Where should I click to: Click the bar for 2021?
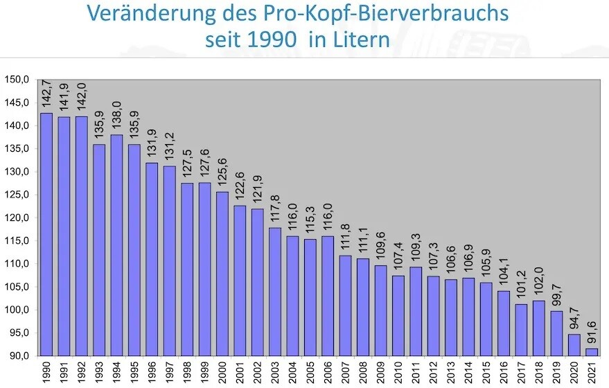coord(592,352)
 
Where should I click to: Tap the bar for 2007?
coord(346,306)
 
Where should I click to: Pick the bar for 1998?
coord(187,270)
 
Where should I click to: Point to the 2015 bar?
coord(486,319)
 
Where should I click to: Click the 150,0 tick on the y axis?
coord(17,80)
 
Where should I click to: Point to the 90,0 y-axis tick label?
coord(18,355)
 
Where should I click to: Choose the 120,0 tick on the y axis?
coord(17,218)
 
